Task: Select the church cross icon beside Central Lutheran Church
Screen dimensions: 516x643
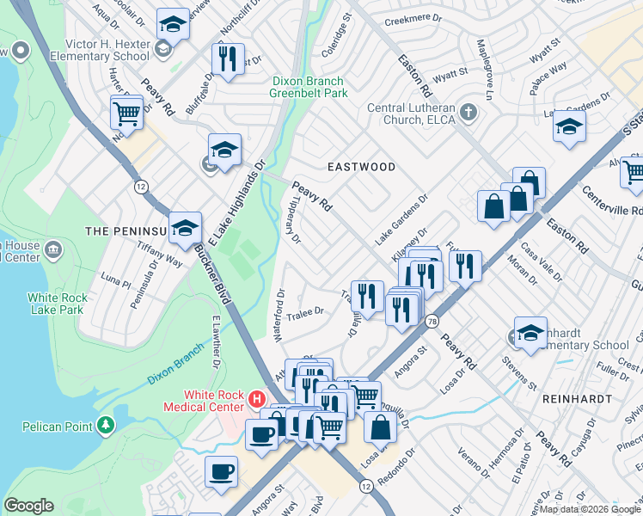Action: click(x=468, y=112)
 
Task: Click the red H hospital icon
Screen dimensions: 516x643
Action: click(x=255, y=398)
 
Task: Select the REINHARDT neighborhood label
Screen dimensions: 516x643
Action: click(x=577, y=400)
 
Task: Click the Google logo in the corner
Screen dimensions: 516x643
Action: click(x=29, y=505)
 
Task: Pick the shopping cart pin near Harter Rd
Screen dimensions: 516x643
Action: click(x=126, y=113)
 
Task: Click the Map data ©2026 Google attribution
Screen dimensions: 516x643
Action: click(x=589, y=509)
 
